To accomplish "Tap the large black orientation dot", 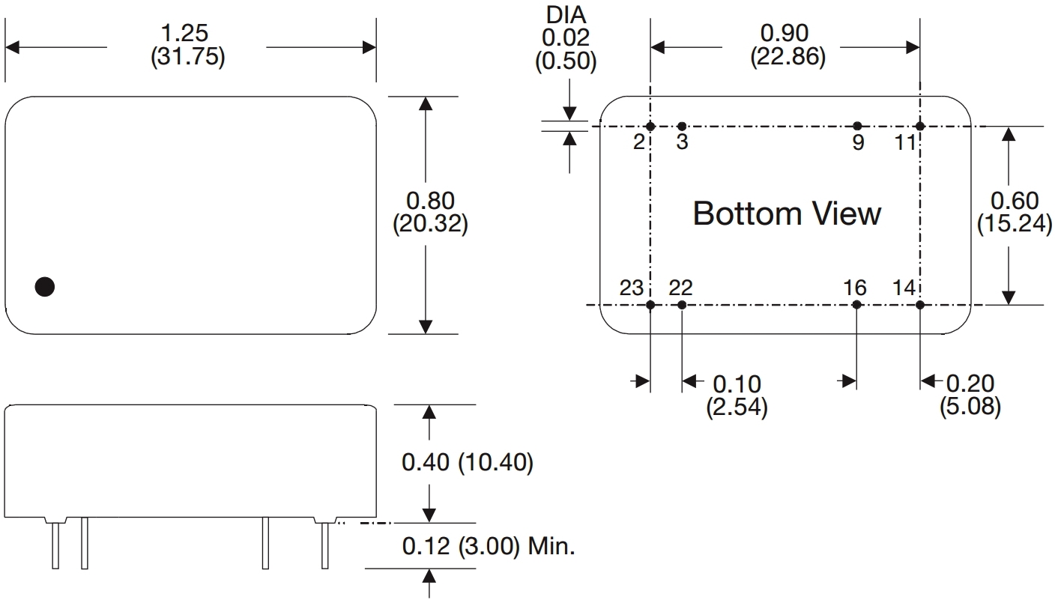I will (45, 286).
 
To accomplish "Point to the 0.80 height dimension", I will (429, 201).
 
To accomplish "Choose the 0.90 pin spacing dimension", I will (785, 34).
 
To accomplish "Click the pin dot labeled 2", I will (650, 126).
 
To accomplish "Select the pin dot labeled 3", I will (682, 126).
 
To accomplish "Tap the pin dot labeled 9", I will (858, 126).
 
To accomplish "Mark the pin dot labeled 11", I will (920, 126).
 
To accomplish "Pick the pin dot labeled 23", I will (650, 305).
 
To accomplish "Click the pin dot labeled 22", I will (682, 305).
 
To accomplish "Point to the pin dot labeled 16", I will (858, 305).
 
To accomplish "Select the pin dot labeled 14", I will (920, 305).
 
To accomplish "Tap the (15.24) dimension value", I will (1014, 225).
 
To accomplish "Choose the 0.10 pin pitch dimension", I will (736, 384).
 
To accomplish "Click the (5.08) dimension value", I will (970, 408).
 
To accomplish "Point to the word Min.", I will (551, 547).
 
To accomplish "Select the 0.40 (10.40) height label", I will (467, 463).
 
